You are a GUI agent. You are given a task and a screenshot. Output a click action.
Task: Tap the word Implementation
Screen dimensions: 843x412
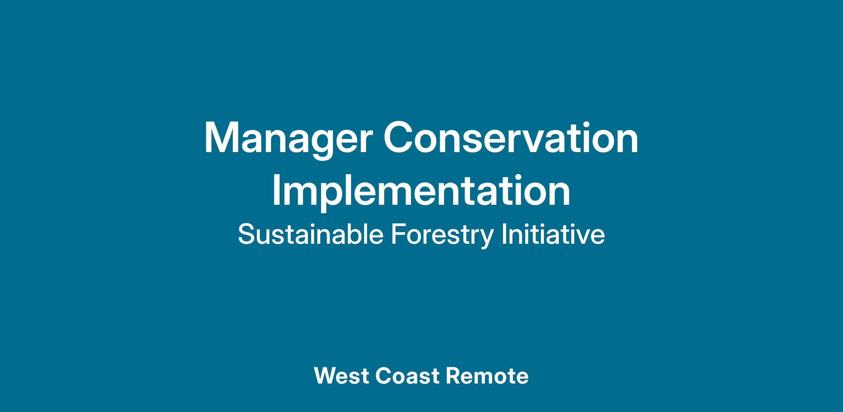[x=421, y=193]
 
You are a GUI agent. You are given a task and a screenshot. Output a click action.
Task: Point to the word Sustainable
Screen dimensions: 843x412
[x=311, y=235]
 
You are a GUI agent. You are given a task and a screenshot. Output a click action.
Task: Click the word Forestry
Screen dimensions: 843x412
[x=442, y=235]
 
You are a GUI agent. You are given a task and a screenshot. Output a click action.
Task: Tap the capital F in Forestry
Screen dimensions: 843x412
[x=398, y=234]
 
